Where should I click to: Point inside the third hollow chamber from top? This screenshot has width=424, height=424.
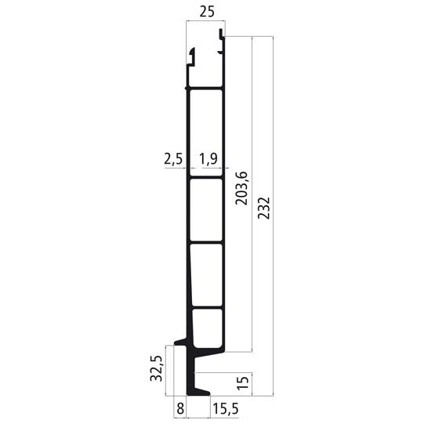click(206, 274)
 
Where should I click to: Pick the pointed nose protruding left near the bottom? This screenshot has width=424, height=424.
click(179, 342)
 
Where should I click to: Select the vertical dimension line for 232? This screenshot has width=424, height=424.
click(271, 212)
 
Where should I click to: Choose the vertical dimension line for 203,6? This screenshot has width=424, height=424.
click(252, 192)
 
